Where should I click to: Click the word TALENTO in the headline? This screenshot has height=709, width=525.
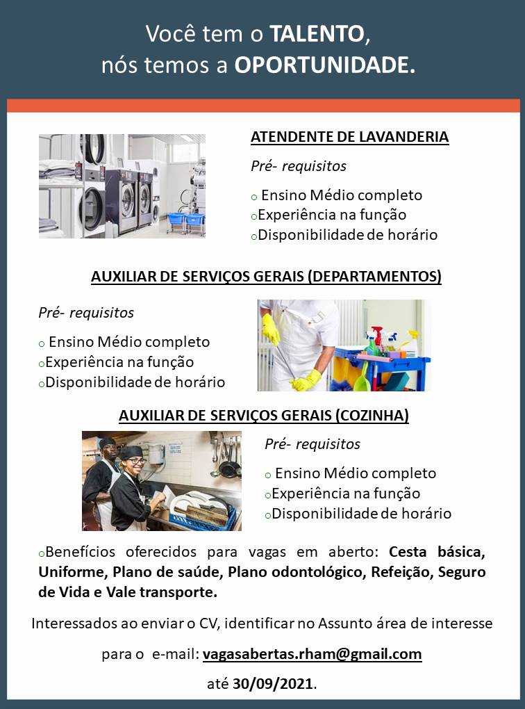317,34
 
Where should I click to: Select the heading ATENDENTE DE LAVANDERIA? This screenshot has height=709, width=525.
350,136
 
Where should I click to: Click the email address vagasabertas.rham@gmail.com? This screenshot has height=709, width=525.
312,654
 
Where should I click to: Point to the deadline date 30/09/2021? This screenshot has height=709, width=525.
272,684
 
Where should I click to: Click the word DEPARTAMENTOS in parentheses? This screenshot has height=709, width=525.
374,276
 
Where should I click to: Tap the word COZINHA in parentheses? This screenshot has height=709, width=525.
372,416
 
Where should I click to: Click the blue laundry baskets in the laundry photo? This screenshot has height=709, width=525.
187,222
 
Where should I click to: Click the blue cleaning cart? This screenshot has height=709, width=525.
382,366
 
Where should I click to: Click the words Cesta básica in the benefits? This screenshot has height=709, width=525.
437,552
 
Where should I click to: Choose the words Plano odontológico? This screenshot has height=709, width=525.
295,572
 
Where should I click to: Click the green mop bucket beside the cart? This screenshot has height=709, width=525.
361,382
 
